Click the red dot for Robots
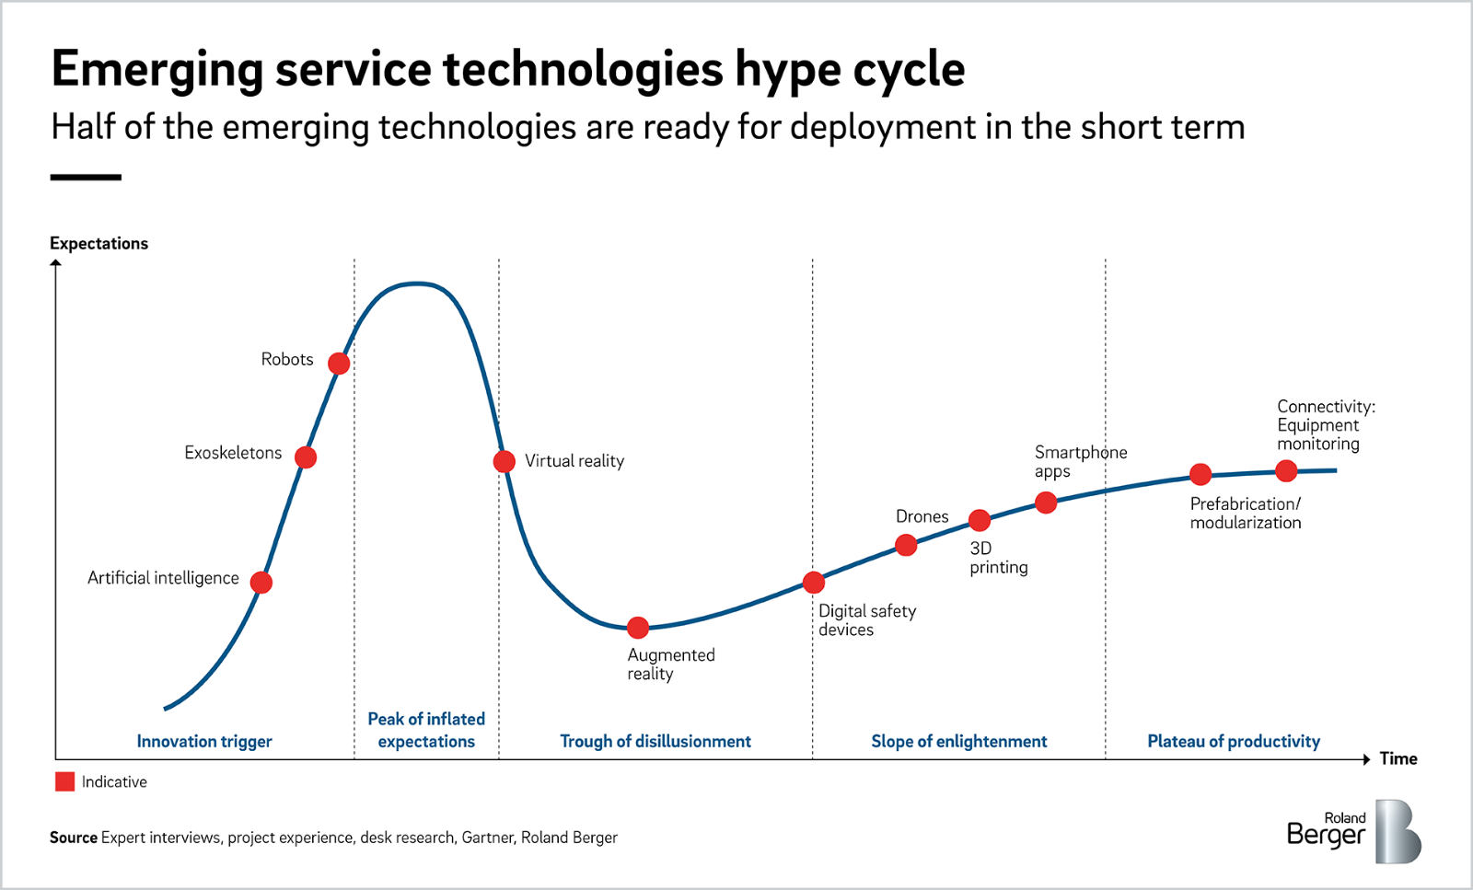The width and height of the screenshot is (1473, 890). click(x=339, y=364)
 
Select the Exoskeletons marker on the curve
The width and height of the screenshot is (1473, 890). click(x=306, y=457)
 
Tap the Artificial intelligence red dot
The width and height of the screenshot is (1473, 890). click(x=261, y=583)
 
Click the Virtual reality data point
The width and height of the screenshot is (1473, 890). click(x=504, y=461)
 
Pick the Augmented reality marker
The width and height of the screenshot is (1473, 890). click(x=638, y=629)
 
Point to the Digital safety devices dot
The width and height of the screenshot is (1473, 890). click(x=813, y=583)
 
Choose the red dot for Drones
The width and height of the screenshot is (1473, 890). click(x=906, y=546)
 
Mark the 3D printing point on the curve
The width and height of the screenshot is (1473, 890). click(x=980, y=521)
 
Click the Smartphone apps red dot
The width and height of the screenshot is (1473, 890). click(x=1046, y=503)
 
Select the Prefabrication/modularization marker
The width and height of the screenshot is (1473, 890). click(x=1200, y=475)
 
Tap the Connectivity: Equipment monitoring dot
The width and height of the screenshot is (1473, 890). click(x=1286, y=471)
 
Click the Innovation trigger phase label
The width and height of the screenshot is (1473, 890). click(x=204, y=742)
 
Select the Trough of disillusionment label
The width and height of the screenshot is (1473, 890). click(x=655, y=742)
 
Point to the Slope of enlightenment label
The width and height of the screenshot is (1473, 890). click(x=959, y=742)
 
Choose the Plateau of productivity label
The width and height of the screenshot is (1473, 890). click(x=1234, y=742)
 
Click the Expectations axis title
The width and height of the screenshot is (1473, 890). click(x=99, y=244)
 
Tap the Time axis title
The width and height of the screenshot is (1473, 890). click(x=1398, y=759)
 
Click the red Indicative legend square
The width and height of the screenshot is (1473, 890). click(x=64, y=782)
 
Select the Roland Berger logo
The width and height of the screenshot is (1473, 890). click(x=1353, y=831)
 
